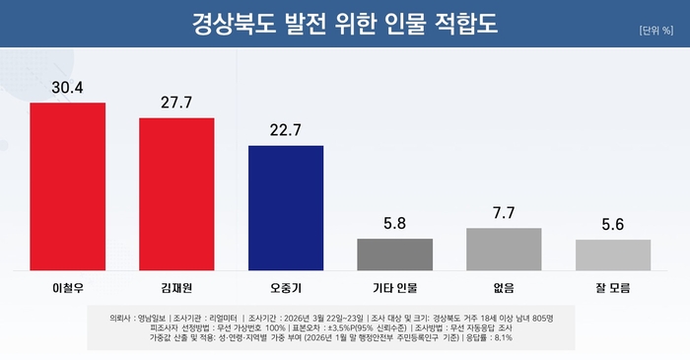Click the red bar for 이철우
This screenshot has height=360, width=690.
tap(67, 185)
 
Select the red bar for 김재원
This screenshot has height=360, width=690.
tap(176, 193)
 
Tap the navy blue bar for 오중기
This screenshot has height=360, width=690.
tap(286, 207)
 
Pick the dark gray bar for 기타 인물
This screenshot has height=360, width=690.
tap(394, 253)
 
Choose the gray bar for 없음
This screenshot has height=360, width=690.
tap(504, 249)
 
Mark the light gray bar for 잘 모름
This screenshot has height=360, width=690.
tap(613, 254)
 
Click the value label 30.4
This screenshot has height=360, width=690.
tap(67, 88)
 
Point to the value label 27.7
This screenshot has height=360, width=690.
tap(176, 103)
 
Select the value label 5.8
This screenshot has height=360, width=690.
tap(394, 223)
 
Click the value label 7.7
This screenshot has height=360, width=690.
tap(504, 213)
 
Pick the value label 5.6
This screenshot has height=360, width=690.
tap(613, 224)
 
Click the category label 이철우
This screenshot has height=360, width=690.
tap(67, 288)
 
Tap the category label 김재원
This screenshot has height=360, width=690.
tap(176, 288)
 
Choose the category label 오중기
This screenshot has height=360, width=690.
tap(286, 288)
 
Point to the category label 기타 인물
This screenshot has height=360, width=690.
tap(394, 288)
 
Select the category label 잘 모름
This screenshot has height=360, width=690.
tap(613, 288)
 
